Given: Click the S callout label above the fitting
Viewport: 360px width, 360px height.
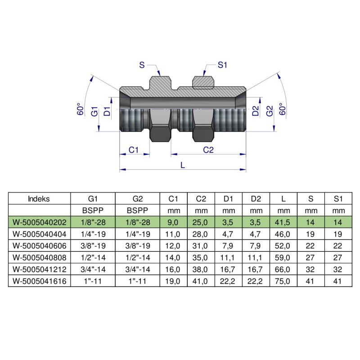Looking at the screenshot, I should click(142, 66).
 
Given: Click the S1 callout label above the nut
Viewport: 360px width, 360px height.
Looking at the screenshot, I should click(222, 66).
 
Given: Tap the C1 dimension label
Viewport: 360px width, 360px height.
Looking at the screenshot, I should click(133, 150).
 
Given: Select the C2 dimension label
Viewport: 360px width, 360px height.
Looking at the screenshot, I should click(208, 150).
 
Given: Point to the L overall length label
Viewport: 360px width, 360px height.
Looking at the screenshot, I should click(182, 165).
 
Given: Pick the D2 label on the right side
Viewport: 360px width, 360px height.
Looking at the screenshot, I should click(256, 111).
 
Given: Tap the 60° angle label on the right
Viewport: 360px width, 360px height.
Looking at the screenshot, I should click(283, 110).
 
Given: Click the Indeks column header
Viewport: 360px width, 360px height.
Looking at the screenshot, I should click(39, 198).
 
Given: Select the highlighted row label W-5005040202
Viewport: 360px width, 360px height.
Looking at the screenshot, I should click(39, 222).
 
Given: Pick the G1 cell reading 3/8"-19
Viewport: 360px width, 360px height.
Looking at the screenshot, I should click(93, 246).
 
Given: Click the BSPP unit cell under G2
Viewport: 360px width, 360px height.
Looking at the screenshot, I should click(137, 211).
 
